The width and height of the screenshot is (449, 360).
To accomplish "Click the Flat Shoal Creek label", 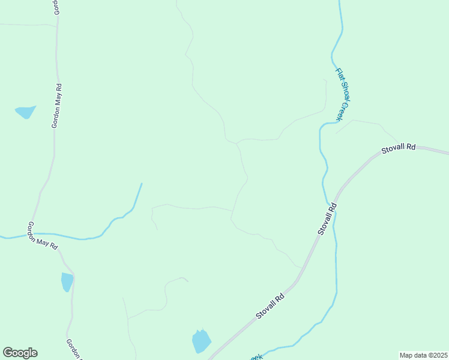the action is [x=342, y=94].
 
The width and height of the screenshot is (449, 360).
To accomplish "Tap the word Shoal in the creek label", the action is [x=342, y=94].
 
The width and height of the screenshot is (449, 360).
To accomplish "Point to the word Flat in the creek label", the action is [x=339, y=74].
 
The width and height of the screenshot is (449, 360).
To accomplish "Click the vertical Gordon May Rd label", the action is [x=57, y=106].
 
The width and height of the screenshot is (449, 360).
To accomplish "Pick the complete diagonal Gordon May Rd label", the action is [x=42, y=236].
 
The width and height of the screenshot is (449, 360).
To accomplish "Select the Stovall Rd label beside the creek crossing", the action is [x=327, y=218].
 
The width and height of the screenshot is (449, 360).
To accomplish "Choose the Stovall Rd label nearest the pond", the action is [x=270, y=306].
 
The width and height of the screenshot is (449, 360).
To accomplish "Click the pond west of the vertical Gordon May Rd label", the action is [x=25, y=112].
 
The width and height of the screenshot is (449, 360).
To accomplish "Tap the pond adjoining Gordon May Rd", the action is [x=67, y=281].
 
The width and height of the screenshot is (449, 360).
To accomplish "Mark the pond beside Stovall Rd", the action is [x=201, y=341].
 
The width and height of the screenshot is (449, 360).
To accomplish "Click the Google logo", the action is [x=20, y=353].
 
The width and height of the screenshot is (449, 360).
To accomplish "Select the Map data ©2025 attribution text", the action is [x=423, y=355].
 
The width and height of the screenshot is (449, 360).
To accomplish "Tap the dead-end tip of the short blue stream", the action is [x=142, y=184].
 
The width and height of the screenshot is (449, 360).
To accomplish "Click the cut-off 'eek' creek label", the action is [x=256, y=357].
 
